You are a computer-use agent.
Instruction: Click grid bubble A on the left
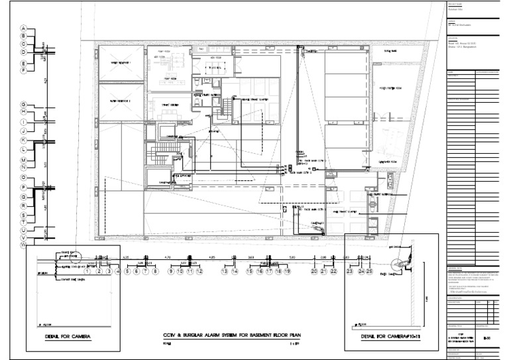click(x=23, y=28)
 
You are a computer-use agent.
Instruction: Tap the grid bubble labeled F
click(x=23, y=70)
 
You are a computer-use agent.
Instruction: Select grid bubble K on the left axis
click(x=23, y=141)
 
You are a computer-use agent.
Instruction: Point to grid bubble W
click(x=23, y=245)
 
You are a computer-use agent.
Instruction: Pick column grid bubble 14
click(x=234, y=271)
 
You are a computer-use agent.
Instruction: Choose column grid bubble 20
click(x=314, y=271)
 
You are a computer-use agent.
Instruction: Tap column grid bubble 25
click(x=369, y=271)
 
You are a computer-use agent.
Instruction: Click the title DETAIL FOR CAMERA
click(x=68, y=336)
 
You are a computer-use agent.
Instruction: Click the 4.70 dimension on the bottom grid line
click(x=168, y=256)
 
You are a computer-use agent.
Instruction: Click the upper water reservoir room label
click(x=121, y=63)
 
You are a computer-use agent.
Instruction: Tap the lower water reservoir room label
click(x=121, y=101)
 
